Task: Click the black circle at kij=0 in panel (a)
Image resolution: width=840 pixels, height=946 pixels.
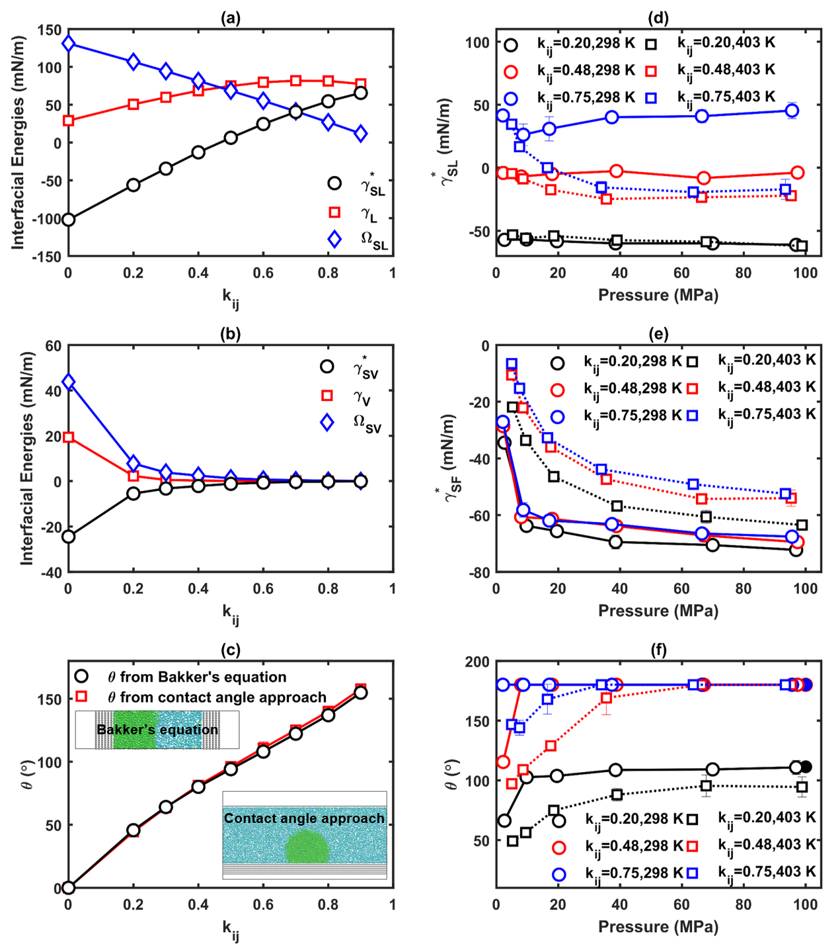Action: tap(68, 219)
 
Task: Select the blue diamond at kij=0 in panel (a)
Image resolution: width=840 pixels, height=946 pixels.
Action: tap(68, 44)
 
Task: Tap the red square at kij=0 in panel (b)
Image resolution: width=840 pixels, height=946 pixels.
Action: tap(68, 437)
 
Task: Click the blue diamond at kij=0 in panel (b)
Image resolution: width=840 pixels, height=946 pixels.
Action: tap(68, 382)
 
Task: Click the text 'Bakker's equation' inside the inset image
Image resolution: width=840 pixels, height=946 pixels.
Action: tap(157, 730)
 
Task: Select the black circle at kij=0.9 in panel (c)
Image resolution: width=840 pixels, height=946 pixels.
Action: tap(361, 693)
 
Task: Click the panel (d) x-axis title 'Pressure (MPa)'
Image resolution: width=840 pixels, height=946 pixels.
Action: tap(658, 295)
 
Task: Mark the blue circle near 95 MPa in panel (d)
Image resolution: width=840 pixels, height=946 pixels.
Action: tap(792, 110)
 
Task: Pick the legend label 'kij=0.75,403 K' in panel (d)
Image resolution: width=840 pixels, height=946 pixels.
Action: tap(726, 97)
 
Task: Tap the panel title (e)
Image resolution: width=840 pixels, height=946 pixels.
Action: tap(658, 334)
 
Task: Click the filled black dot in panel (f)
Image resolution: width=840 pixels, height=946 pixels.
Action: tap(806, 767)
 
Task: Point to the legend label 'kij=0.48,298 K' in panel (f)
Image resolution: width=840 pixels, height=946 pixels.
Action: tap(634, 846)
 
